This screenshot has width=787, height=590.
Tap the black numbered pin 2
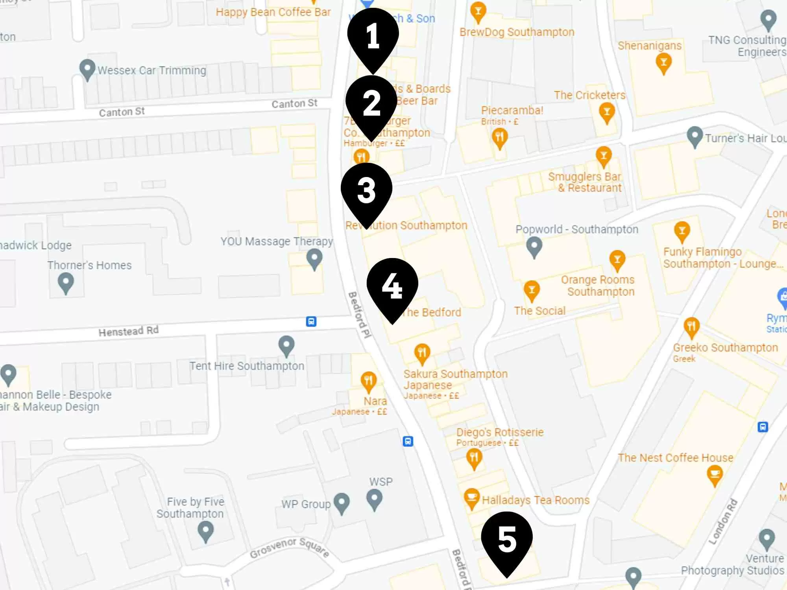point(371,103)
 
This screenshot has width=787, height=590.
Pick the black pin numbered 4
point(392,285)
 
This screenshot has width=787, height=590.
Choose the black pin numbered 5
point(507,539)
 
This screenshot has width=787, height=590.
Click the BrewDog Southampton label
point(517,32)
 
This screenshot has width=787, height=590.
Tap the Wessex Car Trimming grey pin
point(87,69)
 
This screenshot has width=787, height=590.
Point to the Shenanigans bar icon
point(663,63)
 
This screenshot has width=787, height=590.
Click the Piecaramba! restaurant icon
point(499,138)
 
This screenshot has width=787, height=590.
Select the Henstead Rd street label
point(128,331)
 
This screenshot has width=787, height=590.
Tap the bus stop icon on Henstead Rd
point(311,321)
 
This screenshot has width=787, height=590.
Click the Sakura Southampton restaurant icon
point(422,353)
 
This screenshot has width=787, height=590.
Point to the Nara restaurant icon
point(368,381)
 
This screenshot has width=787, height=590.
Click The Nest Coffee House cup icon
point(715,474)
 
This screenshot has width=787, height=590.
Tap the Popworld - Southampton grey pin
point(534,247)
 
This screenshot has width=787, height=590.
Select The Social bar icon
point(531,291)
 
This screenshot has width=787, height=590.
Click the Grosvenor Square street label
point(290,548)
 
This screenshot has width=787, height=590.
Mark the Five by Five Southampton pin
point(205,531)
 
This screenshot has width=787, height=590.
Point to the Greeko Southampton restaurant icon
point(691,327)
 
